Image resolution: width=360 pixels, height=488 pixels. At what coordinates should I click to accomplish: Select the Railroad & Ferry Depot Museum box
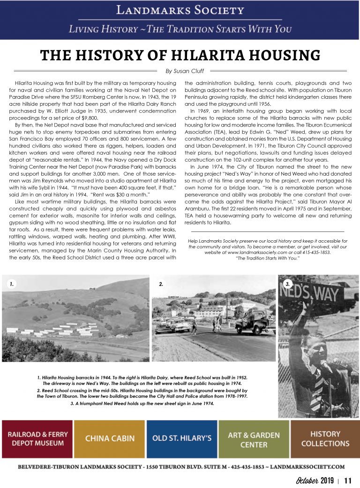point(37,439)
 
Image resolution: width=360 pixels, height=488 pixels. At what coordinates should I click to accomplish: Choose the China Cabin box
point(110,439)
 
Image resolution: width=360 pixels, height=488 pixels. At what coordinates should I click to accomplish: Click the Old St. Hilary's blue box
point(182,439)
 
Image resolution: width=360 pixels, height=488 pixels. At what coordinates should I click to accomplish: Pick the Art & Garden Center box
point(254,439)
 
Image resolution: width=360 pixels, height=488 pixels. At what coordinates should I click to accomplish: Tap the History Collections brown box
point(325,439)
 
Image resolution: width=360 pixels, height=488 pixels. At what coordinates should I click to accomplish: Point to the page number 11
point(348,481)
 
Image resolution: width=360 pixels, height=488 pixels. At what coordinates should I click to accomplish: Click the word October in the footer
point(307,481)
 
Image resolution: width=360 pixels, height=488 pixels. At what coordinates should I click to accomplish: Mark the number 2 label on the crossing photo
point(161,284)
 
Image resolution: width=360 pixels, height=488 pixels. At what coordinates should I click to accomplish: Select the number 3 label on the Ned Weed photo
point(287,284)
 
